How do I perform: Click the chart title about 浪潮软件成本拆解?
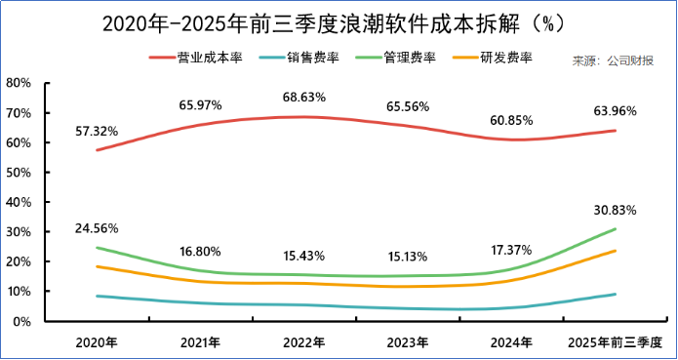tap(339, 21)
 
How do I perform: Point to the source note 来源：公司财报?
tap(613, 61)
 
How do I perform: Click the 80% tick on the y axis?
tap(20, 83)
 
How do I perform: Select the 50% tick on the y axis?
tap(20, 173)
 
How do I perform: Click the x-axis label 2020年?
tap(97, 342)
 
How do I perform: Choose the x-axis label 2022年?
tap(303, 342)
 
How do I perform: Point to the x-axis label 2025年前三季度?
tap(615, 342)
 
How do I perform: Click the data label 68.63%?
tap(303, 98)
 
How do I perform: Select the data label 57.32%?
tap(97, 130)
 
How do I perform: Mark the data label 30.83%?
tap(615, 210)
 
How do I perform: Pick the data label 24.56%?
tap(97, 228)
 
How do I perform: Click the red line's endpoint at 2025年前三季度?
tap(615, 131)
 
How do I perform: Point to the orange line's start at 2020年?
tap(97, 266)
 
